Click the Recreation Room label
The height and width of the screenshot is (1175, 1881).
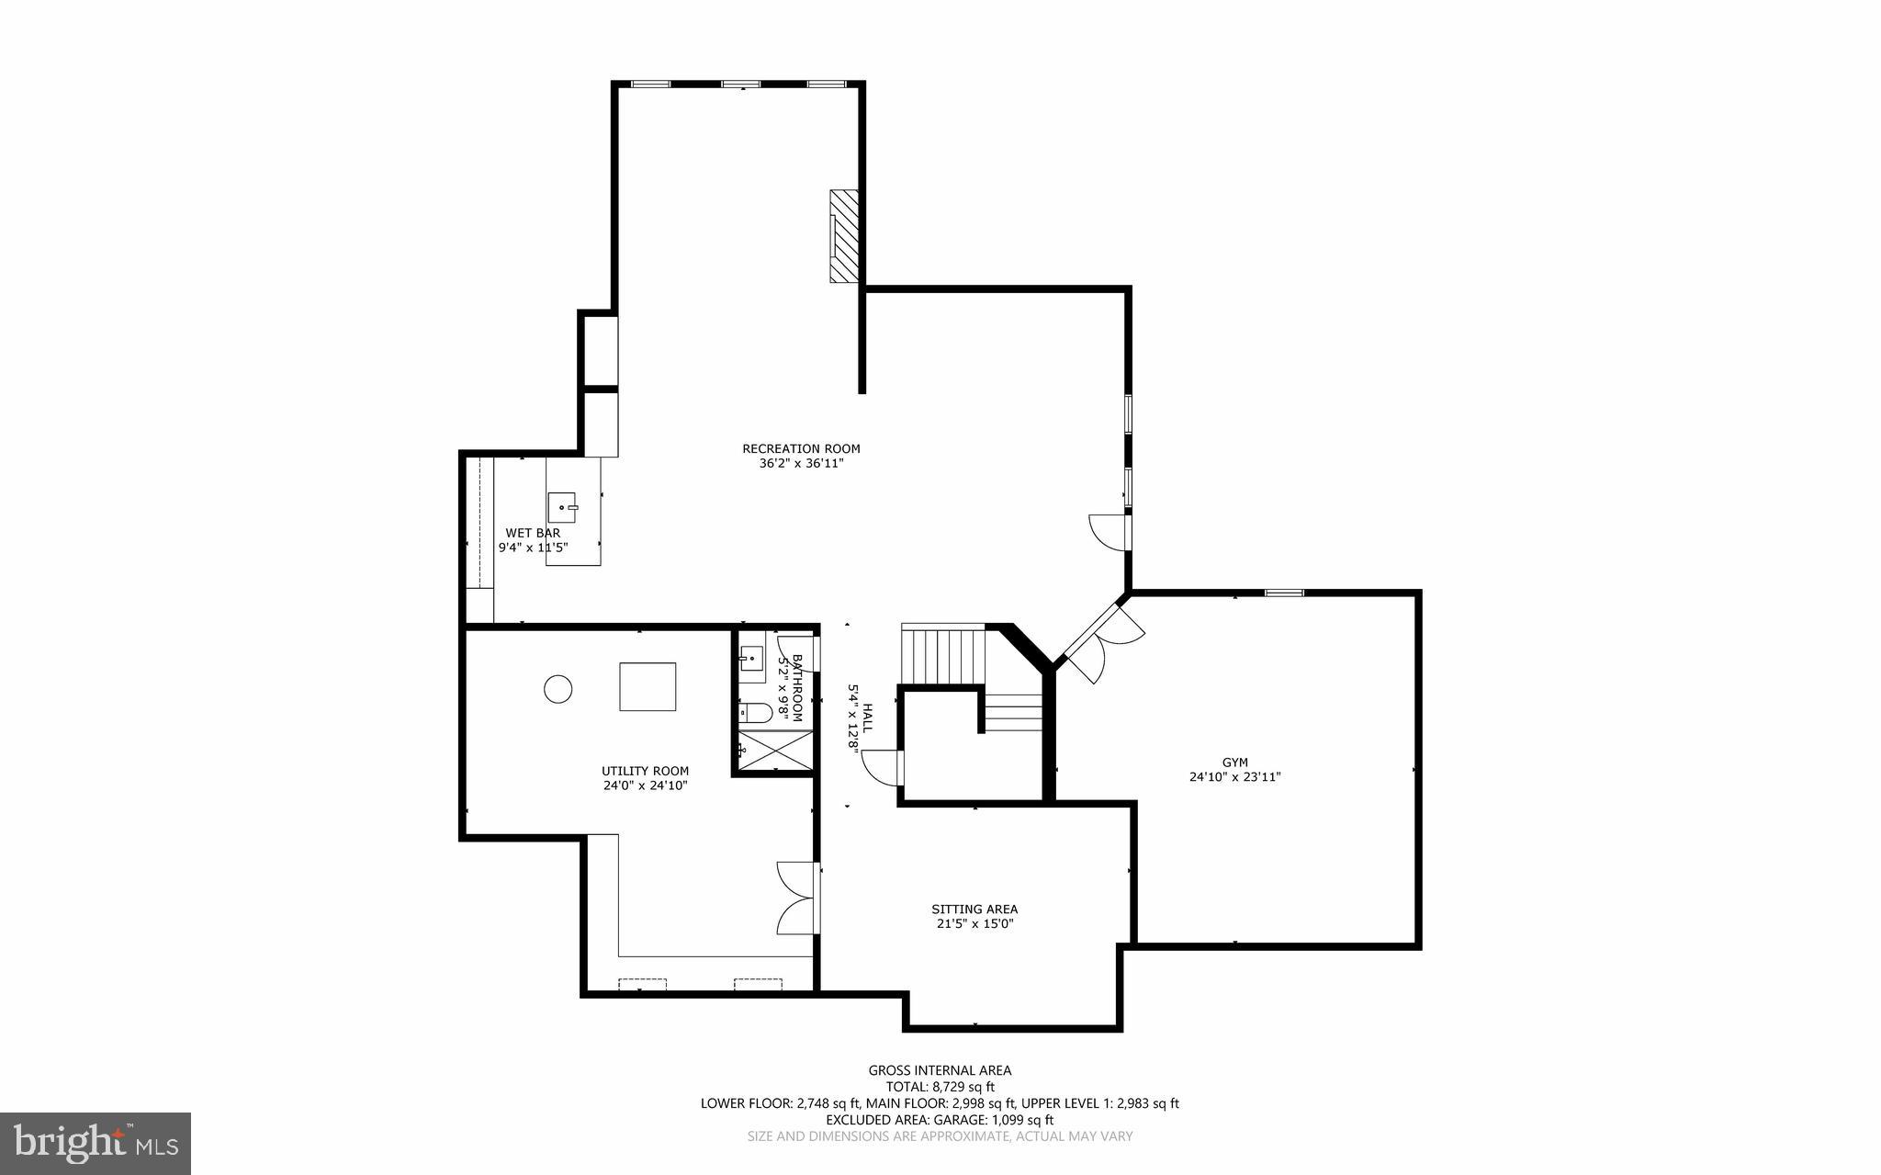coord(801,448)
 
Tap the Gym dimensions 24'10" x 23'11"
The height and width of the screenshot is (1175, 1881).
coord(1234,776)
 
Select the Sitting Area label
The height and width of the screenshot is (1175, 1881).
coord(974,909)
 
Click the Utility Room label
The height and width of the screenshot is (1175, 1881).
coord(645,771)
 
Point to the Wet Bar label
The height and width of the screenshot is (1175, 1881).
coord(533,533)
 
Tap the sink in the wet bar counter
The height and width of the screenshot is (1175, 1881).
coord(561,506)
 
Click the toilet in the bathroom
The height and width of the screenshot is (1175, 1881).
coord(756,712)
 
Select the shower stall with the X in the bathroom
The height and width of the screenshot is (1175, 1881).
coord(776,750)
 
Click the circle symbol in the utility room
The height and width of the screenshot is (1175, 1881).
coord(558,688)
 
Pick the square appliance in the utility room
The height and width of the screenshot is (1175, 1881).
coord(648,686)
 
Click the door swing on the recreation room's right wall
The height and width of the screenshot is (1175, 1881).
coord(1109,532)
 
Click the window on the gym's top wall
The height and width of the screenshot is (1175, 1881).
coord(1283,593)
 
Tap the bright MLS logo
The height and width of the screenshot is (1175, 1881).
coord(96,1143)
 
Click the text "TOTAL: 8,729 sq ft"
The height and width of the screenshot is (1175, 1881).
coord(940,1087)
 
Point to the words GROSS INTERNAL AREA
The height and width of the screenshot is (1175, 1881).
coord(940,1070)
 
